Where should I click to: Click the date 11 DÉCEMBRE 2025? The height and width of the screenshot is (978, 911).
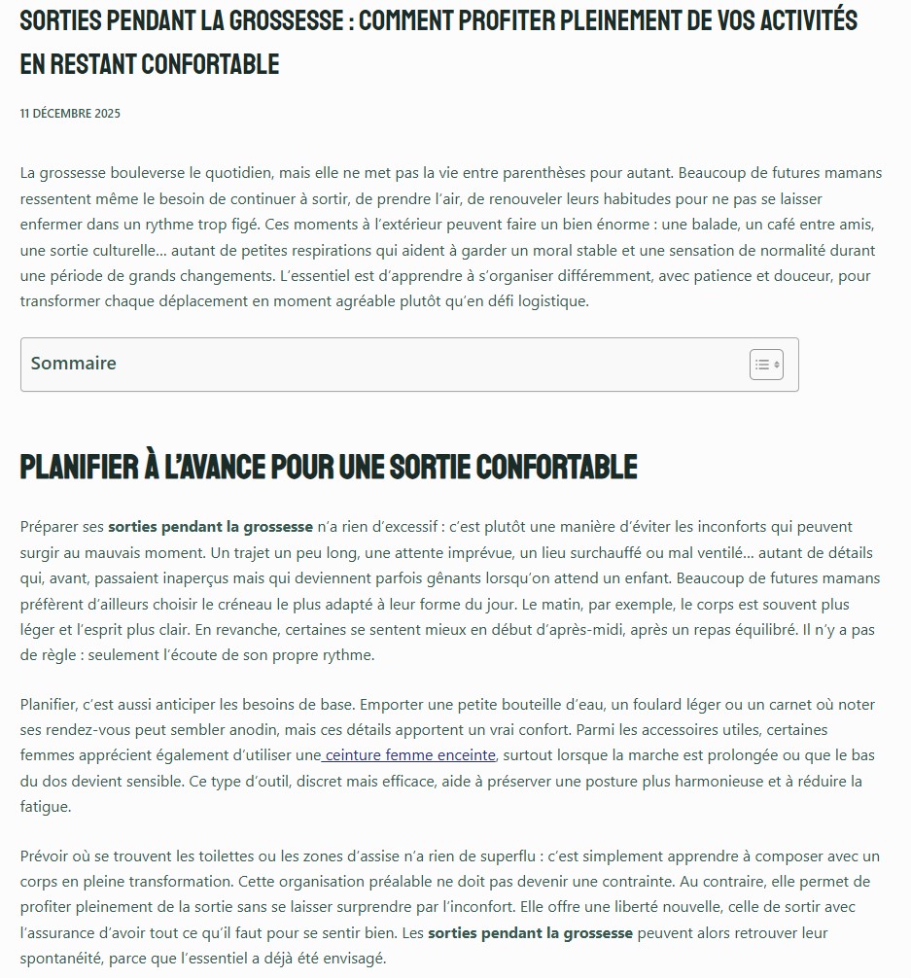[70, 114]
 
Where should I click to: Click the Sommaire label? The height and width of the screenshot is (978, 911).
[73, 364]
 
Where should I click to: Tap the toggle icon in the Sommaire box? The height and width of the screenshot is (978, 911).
[766, 365]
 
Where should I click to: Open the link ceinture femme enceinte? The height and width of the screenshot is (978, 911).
[410, 755]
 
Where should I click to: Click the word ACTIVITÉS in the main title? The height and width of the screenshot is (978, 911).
[797, 20]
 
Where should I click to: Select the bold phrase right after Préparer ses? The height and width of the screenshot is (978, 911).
[210, 527]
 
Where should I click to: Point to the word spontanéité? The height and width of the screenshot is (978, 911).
[68, 959]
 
